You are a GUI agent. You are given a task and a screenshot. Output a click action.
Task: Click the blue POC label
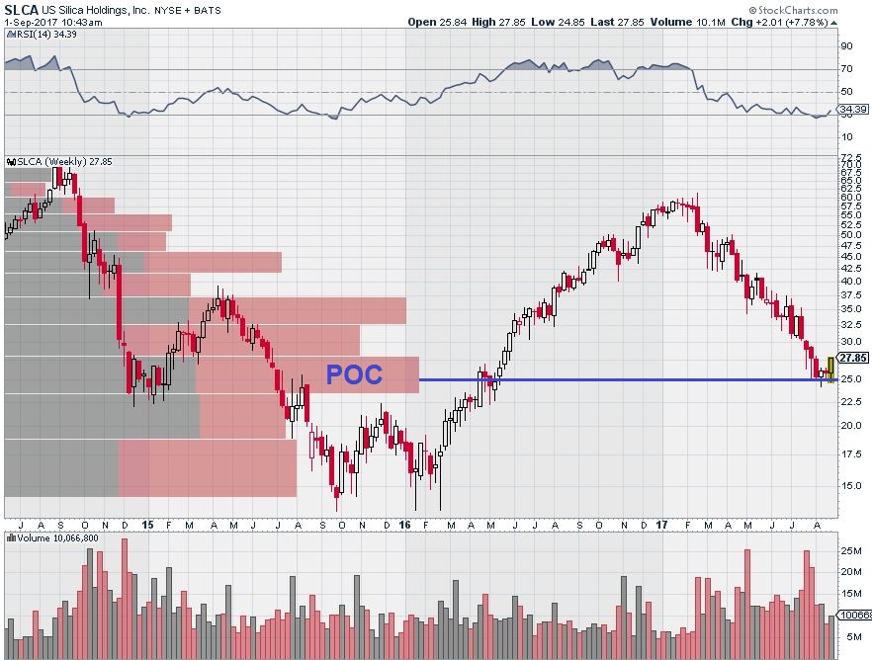[354, 375]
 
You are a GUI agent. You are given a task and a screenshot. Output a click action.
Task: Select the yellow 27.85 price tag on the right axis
[852, 358]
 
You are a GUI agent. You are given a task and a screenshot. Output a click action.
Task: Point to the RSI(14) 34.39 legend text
[43, 35]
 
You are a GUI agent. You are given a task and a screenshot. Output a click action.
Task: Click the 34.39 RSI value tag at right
[852, 109]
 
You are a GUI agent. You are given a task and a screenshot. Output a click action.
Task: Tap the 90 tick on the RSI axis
[846, 45]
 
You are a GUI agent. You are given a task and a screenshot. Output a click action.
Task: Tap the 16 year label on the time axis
[404, 525]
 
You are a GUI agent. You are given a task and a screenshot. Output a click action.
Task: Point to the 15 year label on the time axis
[146, 525]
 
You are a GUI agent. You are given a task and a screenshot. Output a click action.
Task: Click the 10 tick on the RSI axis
[846, 137]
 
